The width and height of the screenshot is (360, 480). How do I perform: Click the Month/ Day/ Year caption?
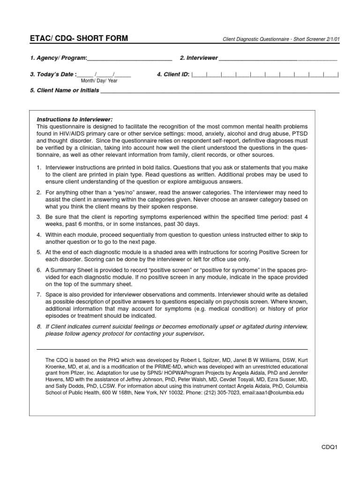(99, 81)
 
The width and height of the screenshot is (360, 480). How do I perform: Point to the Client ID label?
(173, 74)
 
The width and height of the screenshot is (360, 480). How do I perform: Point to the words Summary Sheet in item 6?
(69, 270)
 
